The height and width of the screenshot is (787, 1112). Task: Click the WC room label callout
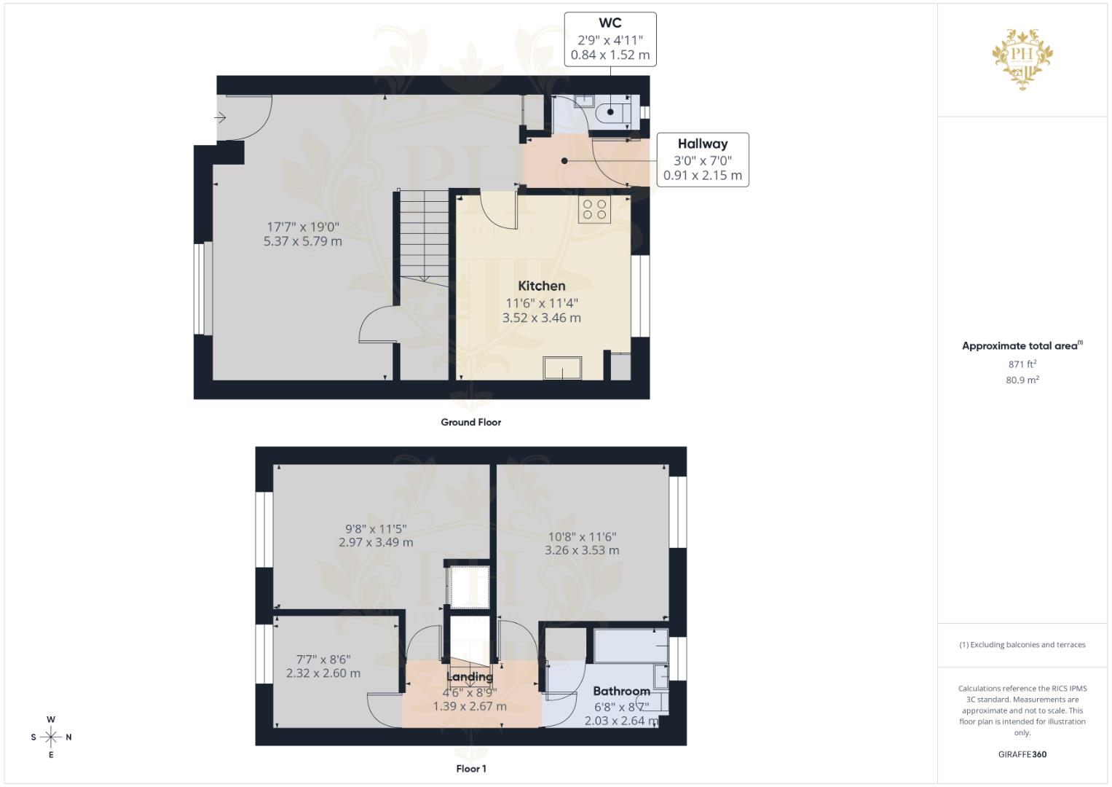pyautogui.click(x=610, y=39)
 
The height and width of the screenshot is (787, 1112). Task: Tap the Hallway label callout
pyautogui.click(x=702, y=160)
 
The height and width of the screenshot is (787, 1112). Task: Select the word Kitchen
pyautogui.click(x=541, y=286)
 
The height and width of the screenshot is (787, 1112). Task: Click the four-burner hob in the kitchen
pyautogui.click(x=594, y=210)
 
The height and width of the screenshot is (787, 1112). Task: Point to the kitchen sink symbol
pyautogui.click(x=562, y=368)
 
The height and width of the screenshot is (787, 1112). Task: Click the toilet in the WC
pyautogui.click(x=610, y=113)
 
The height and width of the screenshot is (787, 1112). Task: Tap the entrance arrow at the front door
pyautogui.click(x=221, y=117)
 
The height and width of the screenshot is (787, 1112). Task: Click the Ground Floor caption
pyautogui.click(x=470, y=422)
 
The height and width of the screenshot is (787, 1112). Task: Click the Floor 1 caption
pyautogui.click(x=470, y=769)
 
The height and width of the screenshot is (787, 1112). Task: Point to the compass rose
pyautogui.click(x=51, y=737)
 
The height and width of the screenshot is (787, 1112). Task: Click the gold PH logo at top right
pyautogui.click(x=1022, y=58)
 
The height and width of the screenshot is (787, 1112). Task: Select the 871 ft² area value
pyautogui.click(x=1022, y=364)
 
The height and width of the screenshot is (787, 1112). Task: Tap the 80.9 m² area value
pyautogui.click(x=1022, y=380)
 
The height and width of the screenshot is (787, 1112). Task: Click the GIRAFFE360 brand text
pyautogui.click(x=1022, y=754)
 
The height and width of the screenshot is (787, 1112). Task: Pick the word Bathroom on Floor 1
pyautogui.click(x=620, y=691)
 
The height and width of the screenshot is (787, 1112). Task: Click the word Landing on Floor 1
pyautogui.click(x=469, y=676)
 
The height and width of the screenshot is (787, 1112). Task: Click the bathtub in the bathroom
pyautogui.click(x=630, y=646)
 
